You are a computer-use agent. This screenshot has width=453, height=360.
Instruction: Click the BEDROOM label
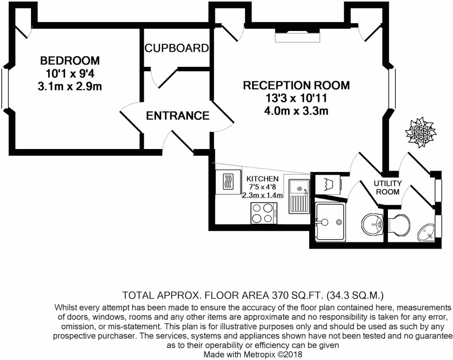(x=70, y=61)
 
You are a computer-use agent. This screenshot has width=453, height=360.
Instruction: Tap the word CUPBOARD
(x=177, y=48)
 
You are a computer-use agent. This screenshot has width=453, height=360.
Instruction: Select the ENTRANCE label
(x=178, y=116)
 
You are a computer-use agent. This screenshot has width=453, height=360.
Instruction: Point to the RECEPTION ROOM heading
(x=296, y=85)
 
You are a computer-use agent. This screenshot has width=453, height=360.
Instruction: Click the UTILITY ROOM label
(x=388, y=188)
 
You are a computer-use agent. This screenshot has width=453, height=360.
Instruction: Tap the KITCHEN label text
(x=262, y=179)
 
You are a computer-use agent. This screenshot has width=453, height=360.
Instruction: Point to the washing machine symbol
(x=328, y=184)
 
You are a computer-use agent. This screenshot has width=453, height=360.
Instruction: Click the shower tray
(x=330, y=222)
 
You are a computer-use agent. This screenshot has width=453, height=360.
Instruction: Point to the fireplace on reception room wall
(x=297, y=35)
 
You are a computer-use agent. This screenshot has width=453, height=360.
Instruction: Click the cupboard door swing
(x=162, y=78)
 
